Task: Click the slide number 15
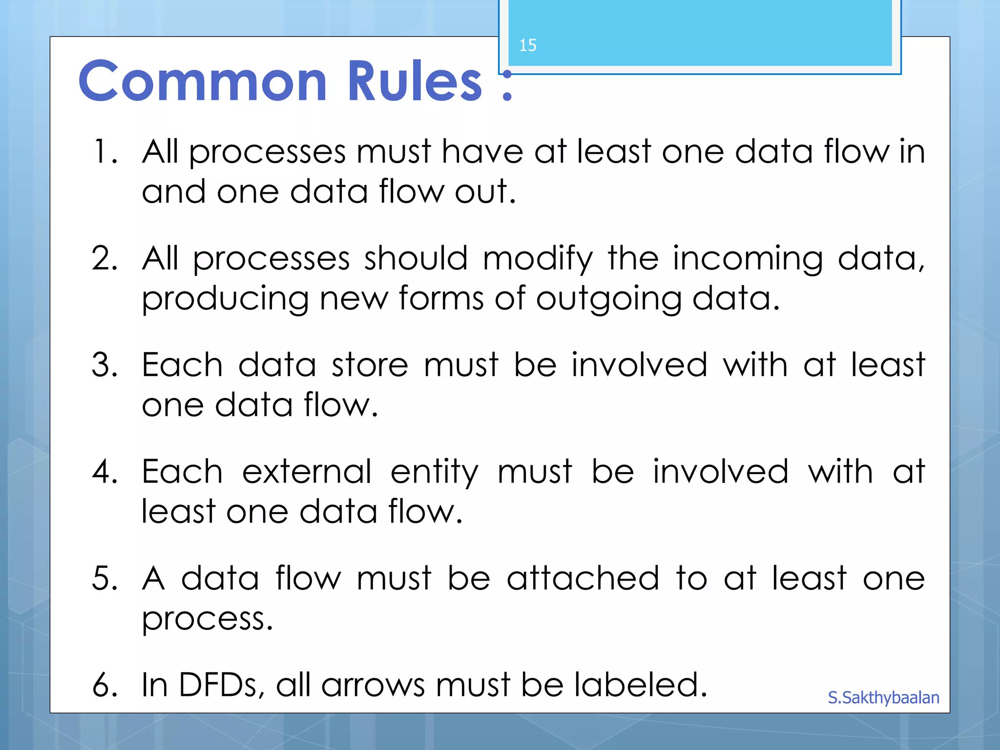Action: pyautogui.click(x=527, y=45)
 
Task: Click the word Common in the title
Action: pyautogui.click(x=203, y=81)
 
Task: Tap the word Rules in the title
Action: pyautogui.click(x=415, y=81)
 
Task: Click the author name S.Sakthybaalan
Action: pyautogui.click(x=883, y=698)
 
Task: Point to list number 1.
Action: pyautogui.click(x=104, y=151)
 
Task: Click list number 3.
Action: pyautogui.click(x=104, y=365)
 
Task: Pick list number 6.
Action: pyautogui.click(x=104, y=685)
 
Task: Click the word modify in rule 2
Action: pyautogui.click(x=538, y=259)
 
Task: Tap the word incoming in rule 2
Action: pyautogui.click(x=748, y=259)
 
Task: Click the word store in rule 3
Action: pyautogui.click(x=370, y=365)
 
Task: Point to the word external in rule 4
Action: pyautogui.click(x=307, y=472)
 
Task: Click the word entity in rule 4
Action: pyautogui.click(x=434, y=472)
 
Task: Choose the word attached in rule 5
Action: pyautogui.click(x=583, y=579)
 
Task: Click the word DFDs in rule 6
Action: pyautogui.click(x=218, y=685)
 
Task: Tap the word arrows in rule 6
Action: pyautogui.click(x=374, y=685)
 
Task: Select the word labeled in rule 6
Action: pyautogui.click(x=640, y=685)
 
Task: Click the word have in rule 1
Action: pyautogui.click(x=482, y=151)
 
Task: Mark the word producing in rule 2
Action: pyautogui.click(x=225, y=299)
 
